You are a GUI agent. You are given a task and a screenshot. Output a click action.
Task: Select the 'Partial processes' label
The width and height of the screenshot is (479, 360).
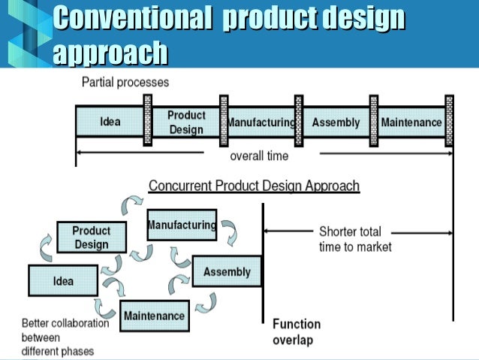tap(125, 82)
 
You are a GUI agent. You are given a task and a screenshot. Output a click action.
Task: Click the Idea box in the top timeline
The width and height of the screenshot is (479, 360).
tap(110, 123)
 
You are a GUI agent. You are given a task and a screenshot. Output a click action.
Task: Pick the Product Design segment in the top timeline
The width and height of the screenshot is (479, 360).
tap(186, 123)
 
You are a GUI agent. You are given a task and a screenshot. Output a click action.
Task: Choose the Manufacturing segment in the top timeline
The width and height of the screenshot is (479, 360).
tap(261, 123)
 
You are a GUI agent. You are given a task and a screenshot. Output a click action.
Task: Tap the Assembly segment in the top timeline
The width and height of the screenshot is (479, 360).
tap(336, 123)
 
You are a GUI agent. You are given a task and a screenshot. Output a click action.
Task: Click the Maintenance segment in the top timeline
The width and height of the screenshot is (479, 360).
tap(411, 123)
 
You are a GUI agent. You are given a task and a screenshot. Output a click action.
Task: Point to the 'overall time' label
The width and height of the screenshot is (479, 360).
tap(258, 156)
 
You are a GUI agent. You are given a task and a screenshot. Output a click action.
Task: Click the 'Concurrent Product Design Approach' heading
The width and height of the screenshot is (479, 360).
tap(254, 186)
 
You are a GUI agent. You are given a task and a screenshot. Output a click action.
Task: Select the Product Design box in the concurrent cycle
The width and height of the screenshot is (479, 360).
tap(91, 237)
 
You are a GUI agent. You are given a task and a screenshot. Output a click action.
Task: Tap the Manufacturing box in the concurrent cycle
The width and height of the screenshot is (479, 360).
tap(182, 225)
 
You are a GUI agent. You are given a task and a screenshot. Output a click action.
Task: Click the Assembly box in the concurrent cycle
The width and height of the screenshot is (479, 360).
tap(227, 271)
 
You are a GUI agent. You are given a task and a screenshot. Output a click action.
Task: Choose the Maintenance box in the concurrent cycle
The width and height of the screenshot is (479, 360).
tap(155, 315)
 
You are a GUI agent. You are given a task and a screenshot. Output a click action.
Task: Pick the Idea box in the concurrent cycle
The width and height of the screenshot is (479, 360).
tap(63, 281)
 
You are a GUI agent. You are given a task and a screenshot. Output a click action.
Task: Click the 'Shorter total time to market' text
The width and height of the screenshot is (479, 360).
tap(354, 238)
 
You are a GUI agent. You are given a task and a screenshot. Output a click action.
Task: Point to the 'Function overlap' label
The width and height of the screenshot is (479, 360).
tap(297, 332)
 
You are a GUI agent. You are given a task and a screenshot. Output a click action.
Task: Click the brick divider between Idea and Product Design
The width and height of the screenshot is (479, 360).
tap(148, 119)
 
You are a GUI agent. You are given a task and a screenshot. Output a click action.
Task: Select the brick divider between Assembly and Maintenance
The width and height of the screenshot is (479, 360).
tap(373, 119)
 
